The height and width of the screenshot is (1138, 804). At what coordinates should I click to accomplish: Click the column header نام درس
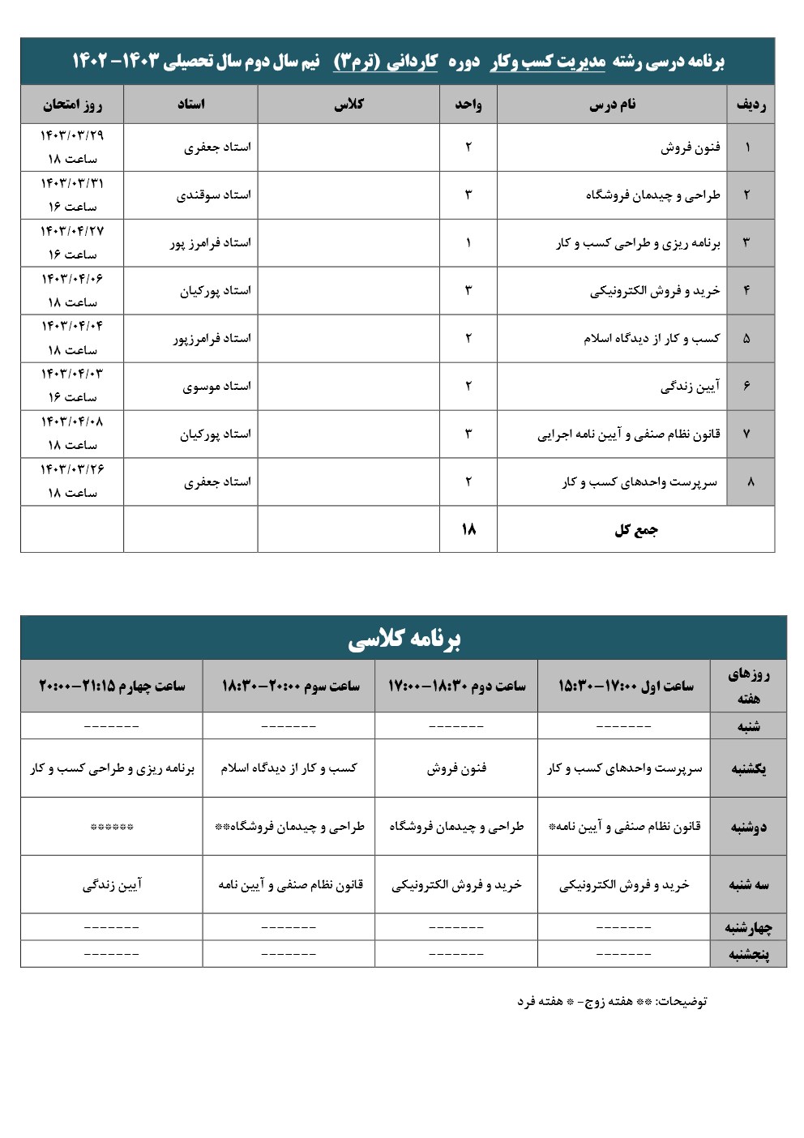click(612, 105)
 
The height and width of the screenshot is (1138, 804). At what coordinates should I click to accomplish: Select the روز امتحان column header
click(72, 105)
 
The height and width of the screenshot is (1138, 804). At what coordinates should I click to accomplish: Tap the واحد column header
click(468, 105)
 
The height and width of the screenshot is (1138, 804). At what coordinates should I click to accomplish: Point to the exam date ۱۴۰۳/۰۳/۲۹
click(72, 135)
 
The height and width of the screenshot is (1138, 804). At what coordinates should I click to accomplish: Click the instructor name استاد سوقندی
click(214, 195)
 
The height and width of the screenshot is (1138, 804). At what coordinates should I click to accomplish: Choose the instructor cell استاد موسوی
click(216, 387)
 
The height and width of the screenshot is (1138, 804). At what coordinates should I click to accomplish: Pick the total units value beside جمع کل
click(468, 529)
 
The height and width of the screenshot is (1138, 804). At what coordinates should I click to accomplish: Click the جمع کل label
click(635, 530)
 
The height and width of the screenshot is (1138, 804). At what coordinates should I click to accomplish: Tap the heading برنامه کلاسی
click(404, 639)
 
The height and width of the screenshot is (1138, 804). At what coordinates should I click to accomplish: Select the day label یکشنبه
click(748, 768)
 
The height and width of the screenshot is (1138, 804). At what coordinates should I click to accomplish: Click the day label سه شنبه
click(748, 885)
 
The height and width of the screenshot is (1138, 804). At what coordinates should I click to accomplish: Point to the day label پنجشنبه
click(748, 954)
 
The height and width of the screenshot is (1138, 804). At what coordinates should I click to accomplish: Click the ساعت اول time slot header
click(625, 686)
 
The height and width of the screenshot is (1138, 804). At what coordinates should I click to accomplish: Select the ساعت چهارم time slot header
click(112, 686)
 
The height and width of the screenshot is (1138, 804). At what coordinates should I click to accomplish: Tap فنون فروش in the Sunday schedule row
click(456, 768)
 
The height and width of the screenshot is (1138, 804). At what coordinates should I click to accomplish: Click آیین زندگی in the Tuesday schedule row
click(112, 885)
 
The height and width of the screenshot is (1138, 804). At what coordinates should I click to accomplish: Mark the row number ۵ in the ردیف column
click(746, 339)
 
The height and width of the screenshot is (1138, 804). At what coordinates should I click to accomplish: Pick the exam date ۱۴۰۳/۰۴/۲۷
click(72, 231)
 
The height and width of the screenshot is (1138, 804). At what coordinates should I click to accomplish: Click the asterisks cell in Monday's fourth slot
click(112, 828)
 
